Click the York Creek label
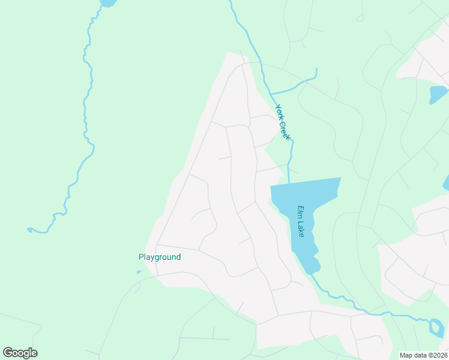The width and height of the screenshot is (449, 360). [x=283, y=122]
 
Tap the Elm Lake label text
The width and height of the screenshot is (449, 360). [x=301, y=221]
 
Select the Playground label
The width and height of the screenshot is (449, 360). [x=160, y=257]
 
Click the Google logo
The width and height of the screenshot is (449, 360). [x=20, y=353]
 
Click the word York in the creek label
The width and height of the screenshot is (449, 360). [x=279, y=112]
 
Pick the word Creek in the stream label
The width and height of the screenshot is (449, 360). [x=285, y=129]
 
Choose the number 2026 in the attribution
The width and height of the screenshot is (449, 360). [x=437, y=355]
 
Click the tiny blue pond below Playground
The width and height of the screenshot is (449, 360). [x=139, y=272]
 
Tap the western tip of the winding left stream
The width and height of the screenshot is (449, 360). [x=28, y=229]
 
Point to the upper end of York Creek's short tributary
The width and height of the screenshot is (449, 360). [x=316, y=69]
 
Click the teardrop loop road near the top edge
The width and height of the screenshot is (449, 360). [x=360, y=18]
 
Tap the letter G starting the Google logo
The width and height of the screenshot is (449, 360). [x=8, y=353]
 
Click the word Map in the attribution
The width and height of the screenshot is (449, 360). [x=406, y=355]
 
